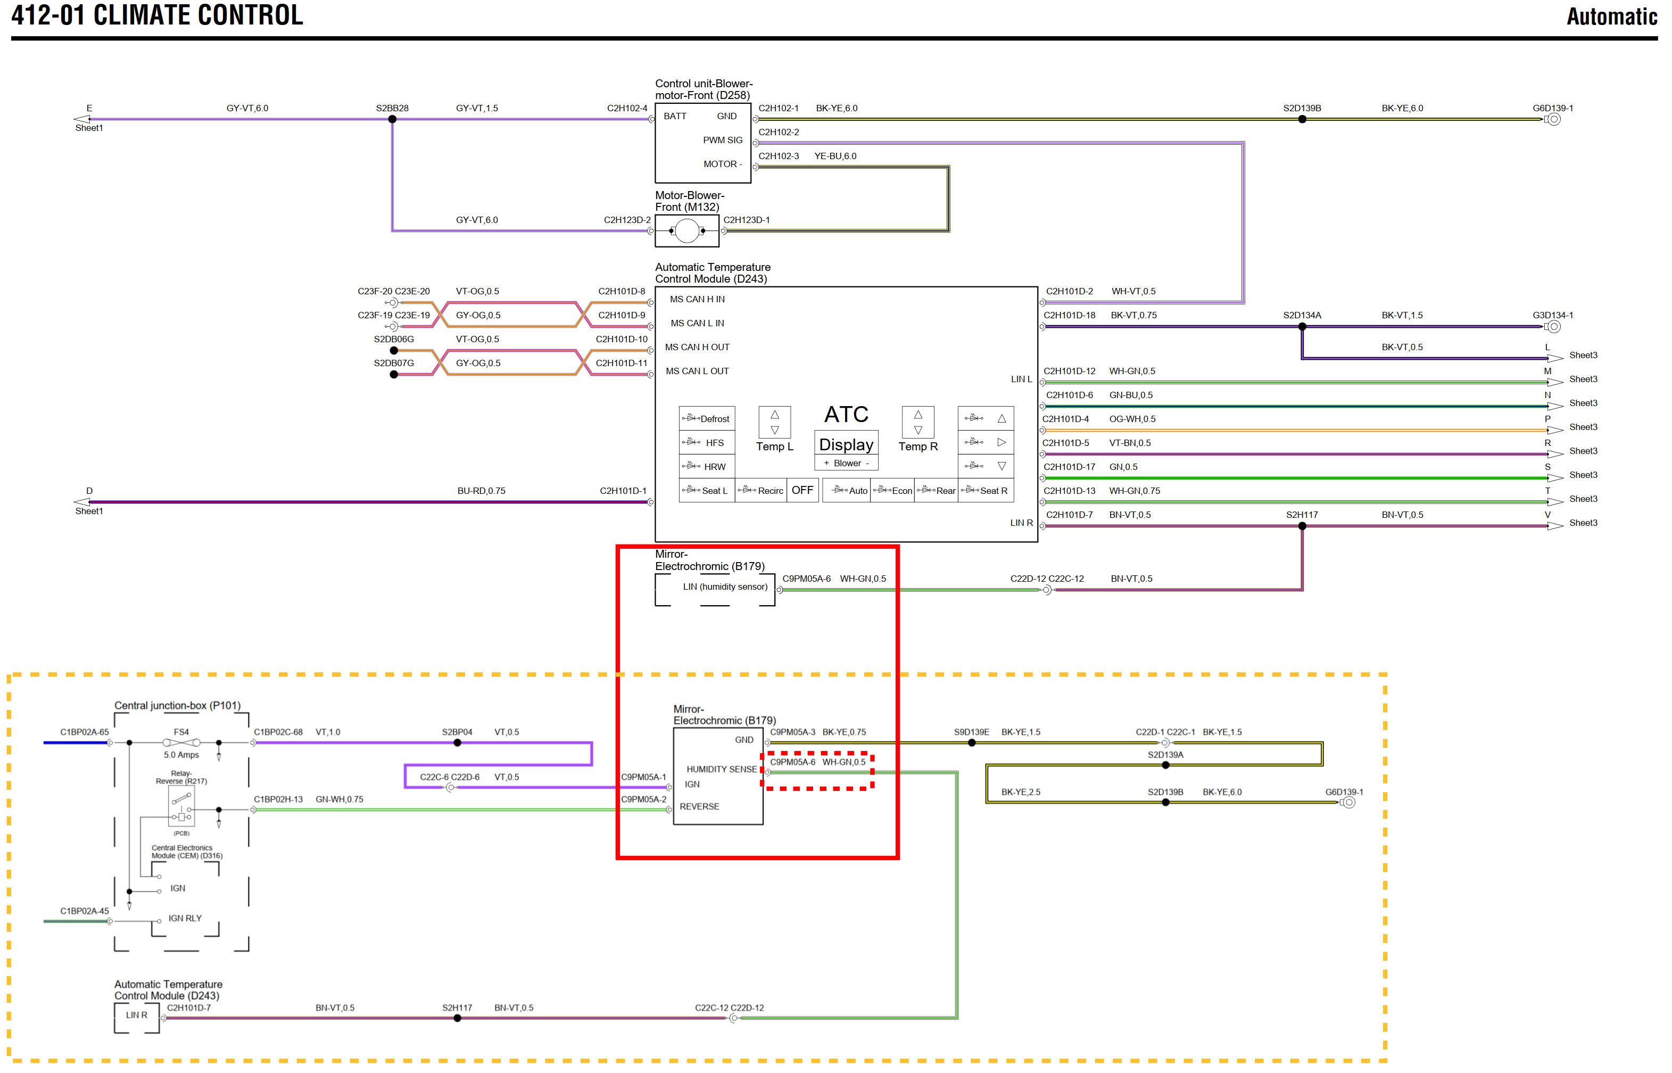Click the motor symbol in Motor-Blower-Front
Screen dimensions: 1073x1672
coord(687,230)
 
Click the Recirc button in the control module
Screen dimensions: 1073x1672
coord(761,491)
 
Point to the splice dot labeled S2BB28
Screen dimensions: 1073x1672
coord(392,119)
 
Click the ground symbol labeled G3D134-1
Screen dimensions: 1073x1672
coord(1553,327)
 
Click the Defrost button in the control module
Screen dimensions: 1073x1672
coord(706,419)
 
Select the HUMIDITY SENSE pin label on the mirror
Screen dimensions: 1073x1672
coord(721,769)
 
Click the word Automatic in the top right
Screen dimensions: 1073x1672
coord(1611,16)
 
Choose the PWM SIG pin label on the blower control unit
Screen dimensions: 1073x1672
coord(723,140)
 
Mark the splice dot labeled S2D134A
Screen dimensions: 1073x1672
coord(1302,327)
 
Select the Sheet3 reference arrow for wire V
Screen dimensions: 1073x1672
coord(1555,526)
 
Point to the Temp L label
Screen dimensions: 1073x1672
coord(775,447)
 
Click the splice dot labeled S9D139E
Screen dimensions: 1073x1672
coord(972,742)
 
